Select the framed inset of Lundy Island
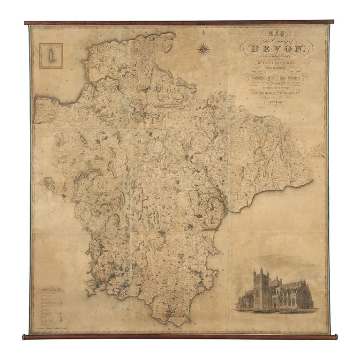51,56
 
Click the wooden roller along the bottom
180,337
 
